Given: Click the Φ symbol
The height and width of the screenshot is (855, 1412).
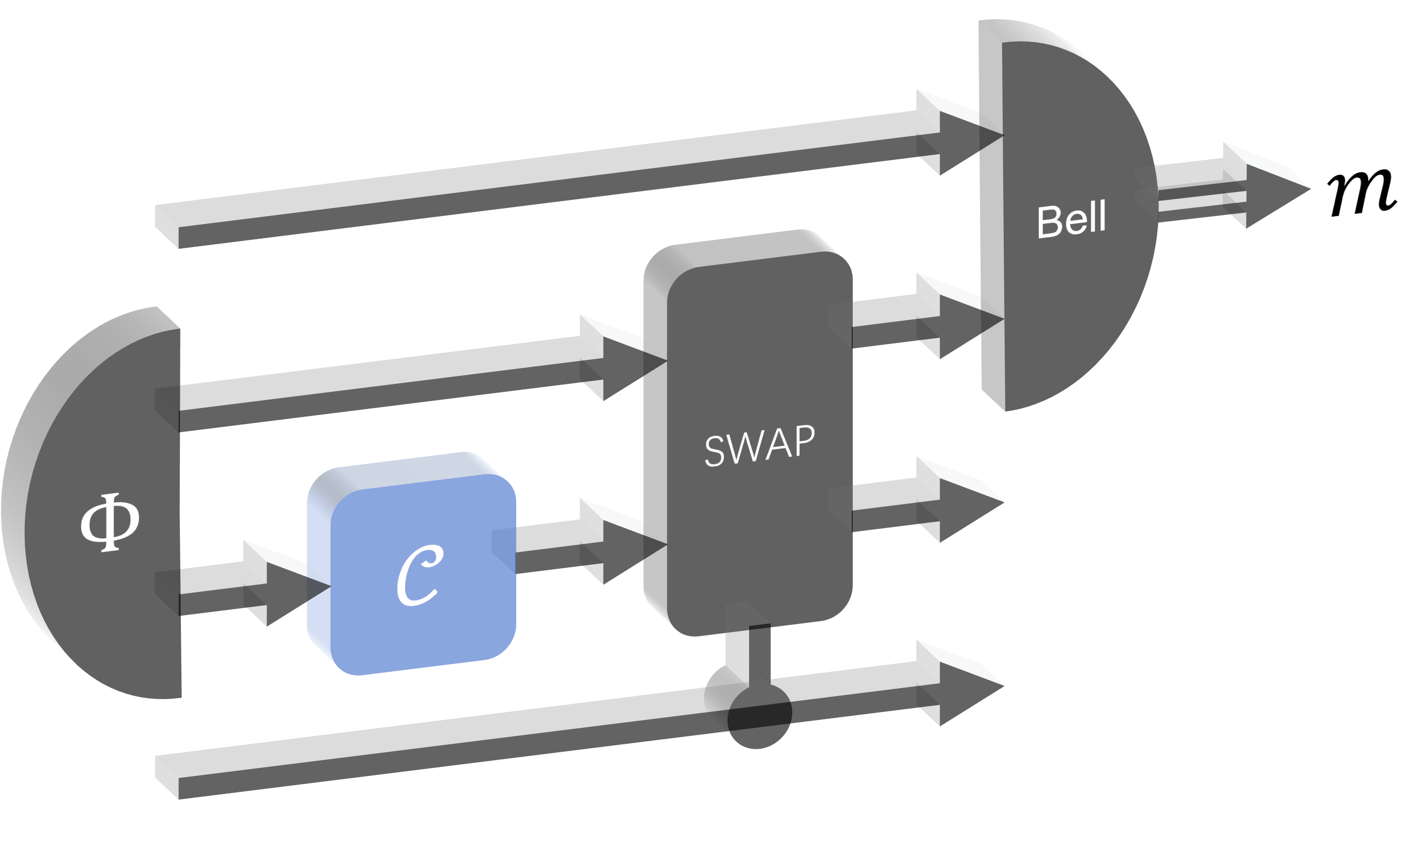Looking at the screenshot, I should click(110, 522).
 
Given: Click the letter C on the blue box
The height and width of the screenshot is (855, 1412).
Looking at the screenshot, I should click(419, 575).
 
